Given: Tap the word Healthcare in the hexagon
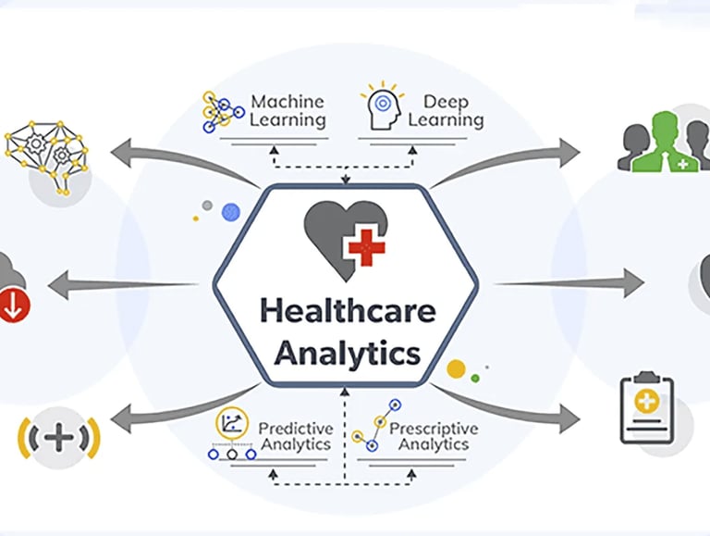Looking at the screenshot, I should [x=347, y=310].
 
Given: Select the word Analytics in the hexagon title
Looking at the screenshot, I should [x=347, y=353].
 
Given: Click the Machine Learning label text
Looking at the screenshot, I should [x=288, y=110].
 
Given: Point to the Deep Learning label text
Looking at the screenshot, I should [x=446, y=110].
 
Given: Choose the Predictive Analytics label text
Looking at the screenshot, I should [x=295, y=436].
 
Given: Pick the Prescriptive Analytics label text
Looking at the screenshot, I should [x=434, y=436].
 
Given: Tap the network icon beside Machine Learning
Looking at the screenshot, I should [x=223, y=111].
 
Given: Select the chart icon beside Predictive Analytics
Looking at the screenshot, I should [x=231, y=426].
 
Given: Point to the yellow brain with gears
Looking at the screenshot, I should [x=46, y=153].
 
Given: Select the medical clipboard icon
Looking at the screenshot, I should [x=646, y=409].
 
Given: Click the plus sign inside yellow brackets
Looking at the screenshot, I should [x=58, y=439].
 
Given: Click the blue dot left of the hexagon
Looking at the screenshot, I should [x=230, y=212].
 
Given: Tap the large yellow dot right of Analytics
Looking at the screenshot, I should [x=456, y=369].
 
